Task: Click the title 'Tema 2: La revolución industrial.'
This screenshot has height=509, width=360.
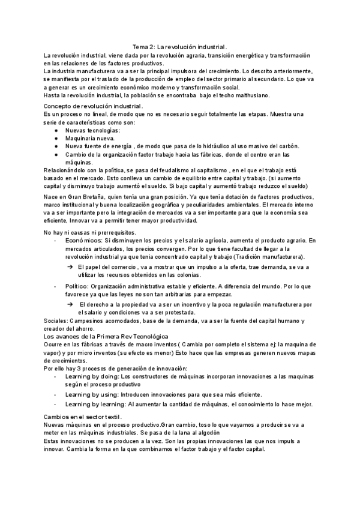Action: click(x=180, y=46)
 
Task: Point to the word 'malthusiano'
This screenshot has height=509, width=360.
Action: click(x=251, y=94)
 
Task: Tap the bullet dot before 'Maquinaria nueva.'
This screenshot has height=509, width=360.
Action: click(x=56, y=138)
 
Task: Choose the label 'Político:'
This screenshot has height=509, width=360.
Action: click(x=78, y=286)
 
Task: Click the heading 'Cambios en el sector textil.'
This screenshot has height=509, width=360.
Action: click(x=83, y=417)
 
